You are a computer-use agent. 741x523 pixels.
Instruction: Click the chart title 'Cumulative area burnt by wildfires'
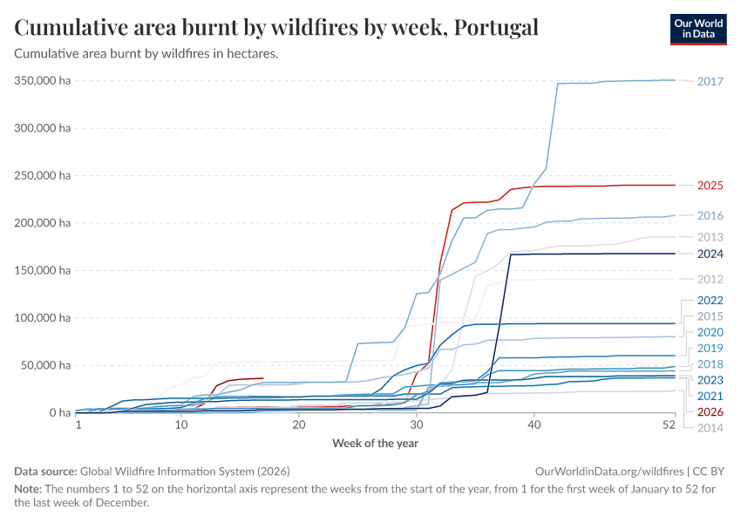pyautogui.click(x=276, y=27)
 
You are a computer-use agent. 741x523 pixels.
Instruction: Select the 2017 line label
pyautogui.click(x=710, y=82)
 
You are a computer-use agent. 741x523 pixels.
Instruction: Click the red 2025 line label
pyautogui.click(x=710, y=186)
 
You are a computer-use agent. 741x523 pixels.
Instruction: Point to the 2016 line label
pyautogui.click(x=710, y=215)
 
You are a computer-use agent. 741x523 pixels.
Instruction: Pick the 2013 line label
pyautogui.click(x=710, y=237)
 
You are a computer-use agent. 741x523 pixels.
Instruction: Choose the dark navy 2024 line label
pyautogui.click(x=710, y=254)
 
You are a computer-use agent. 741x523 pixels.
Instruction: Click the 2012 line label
pyautogui.click(x=710, y=279)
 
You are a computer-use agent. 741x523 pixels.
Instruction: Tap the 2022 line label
pyautogui.click(x=710, y=301)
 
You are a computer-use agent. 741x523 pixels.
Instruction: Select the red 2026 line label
pyautogui.click(x=710, y=411)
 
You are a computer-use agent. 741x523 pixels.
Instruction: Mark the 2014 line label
pyautogui.click(x=710, y=428)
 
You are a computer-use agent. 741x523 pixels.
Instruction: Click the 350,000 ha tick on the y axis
pyautogui.click(x=43, y=80)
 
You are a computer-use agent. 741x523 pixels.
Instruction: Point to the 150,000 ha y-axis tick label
pyautogui.click(x=43, y=270)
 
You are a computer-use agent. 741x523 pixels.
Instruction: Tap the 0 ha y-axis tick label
pyautogui.click(x=58, y=412)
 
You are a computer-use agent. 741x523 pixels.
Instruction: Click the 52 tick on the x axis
pyautogui.click(x=669, y=425)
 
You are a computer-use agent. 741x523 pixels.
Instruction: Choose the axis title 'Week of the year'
pyautogui.click(x=375, y=444)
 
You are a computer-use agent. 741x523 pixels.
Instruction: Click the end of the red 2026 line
pyautogui.click(x=263, y=378)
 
